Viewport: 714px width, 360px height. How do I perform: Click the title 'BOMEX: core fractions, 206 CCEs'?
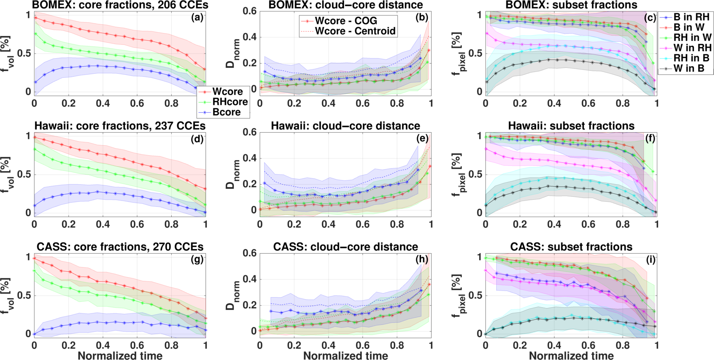coord(120,5)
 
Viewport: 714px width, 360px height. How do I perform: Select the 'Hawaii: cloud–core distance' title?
coord(345,126)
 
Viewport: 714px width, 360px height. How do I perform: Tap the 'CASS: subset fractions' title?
coord(571,247)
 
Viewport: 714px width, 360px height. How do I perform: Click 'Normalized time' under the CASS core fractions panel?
coord(120,355)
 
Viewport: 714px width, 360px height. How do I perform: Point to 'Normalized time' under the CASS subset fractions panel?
coord(571,355)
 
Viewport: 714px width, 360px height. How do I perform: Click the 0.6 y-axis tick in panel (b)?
coord(250,11)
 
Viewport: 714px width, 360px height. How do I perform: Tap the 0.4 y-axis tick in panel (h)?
coord(250,279)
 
